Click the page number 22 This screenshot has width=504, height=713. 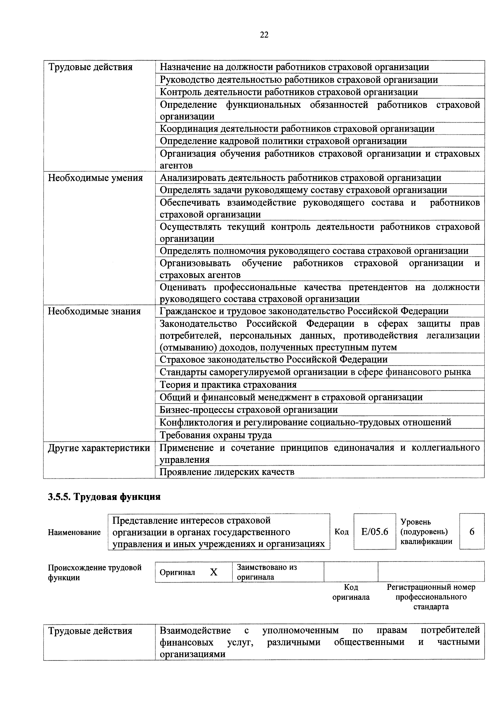[264, 35]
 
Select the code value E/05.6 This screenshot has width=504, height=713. [375, 532]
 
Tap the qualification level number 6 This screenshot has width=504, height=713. [472, 532]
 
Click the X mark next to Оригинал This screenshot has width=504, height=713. [214, 572]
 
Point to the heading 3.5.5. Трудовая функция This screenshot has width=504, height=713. [104, 497]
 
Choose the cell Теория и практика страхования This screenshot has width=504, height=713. [228, 385]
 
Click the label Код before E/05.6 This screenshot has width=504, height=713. [342, 532]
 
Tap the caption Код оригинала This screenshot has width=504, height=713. [351, 592]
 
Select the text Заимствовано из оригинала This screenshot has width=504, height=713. [266, 572]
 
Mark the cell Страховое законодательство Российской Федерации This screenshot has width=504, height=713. [273, 360]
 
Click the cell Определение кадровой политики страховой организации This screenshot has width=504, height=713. [283, 141]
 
